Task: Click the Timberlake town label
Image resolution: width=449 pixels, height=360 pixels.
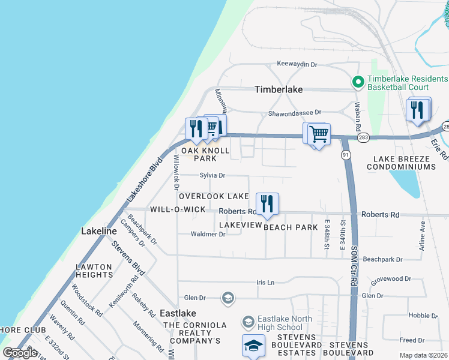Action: (279, 89)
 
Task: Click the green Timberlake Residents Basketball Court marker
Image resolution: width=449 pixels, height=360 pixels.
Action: (358, 82)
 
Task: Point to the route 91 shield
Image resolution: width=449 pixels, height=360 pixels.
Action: (346, 154)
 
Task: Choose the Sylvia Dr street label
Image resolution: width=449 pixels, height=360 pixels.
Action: (212, 176)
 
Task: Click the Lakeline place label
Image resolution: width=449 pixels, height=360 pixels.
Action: (99, 231)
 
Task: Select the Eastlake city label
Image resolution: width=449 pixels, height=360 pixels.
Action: (178, 313)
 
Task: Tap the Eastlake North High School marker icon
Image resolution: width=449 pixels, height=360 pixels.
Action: (249, 323)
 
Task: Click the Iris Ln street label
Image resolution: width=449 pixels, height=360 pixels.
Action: (265, 282)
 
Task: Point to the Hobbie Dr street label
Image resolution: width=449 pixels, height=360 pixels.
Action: (423, 315)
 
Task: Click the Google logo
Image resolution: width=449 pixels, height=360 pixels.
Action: (20, 353)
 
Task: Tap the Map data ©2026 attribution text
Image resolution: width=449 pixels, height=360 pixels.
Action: (423, 355)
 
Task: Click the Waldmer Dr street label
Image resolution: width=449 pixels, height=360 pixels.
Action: (208, 235)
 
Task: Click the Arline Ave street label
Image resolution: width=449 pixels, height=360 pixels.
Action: (423, 235)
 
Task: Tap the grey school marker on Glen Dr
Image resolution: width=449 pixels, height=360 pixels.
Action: (228, 297)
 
